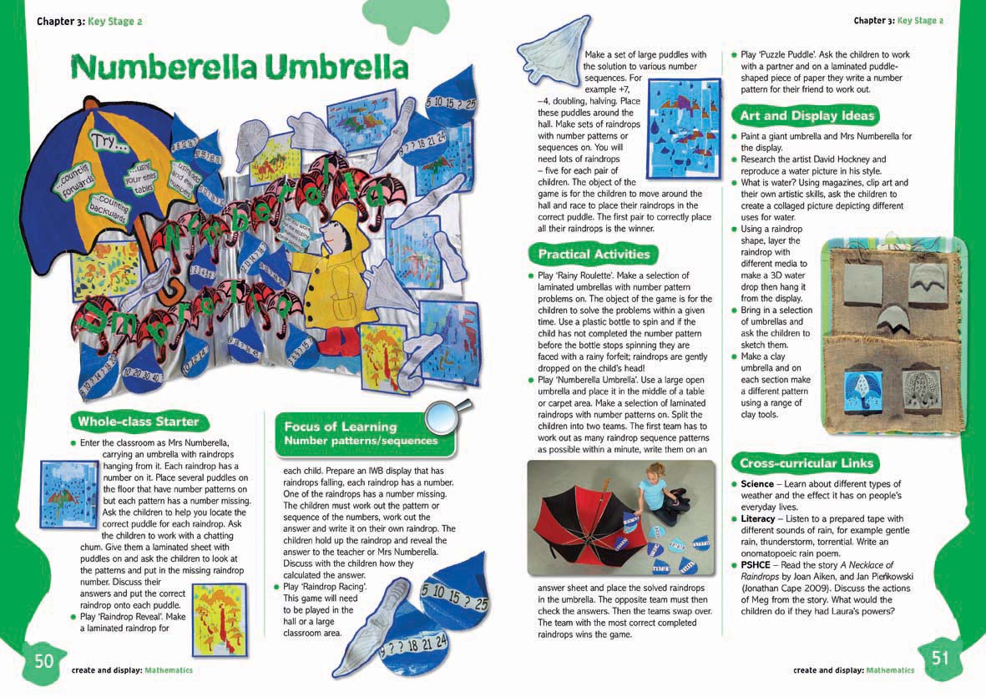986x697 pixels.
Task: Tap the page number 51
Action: click(940, 658)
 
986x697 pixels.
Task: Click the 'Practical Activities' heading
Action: click(594, 254)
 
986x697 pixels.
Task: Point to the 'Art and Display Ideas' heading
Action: click(806, 115)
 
